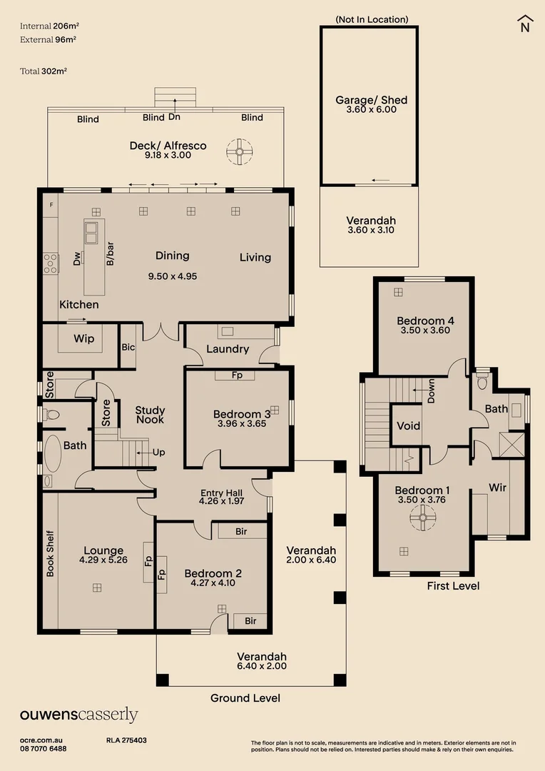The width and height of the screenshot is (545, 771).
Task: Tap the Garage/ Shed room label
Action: point(371,101)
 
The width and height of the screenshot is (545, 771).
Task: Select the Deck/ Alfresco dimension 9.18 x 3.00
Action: point(168,155)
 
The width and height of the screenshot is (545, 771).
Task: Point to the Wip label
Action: point(84,339)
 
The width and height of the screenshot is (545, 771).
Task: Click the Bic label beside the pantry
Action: point(128,347)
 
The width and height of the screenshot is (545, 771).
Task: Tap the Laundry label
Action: point(228,349)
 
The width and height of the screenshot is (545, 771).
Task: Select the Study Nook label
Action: point(150,415)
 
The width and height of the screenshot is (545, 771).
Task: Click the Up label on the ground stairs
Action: point(159,453)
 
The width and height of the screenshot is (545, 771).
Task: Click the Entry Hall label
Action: point(221,493)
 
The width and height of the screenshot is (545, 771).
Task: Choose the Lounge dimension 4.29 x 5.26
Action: point(103,560)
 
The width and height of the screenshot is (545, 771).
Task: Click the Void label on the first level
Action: point(408,426)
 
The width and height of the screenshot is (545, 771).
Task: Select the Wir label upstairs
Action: point(497,488)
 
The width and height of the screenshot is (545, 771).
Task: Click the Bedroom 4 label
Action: point(425,321)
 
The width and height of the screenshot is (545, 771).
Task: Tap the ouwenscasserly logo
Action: point(78,715)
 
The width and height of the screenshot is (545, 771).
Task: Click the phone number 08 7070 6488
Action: point(44,749)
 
